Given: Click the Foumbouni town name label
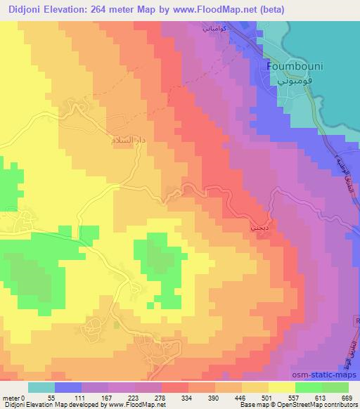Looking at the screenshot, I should click(x=292, y=67).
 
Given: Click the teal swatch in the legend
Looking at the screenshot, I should click(x=41, y=387).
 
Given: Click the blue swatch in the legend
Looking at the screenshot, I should click(x=68, y=387).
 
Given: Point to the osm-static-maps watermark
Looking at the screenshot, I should click(x=328, y=375).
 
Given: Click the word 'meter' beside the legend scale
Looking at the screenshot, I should click(x=11, y=398).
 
